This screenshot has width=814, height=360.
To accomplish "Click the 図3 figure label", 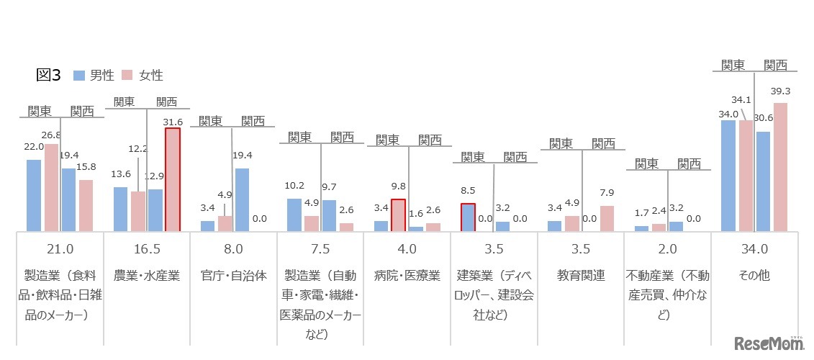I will pos(48,75).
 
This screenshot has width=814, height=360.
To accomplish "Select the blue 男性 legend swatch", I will pos(79,75).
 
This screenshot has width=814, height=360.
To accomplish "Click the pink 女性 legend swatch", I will pos(127,75).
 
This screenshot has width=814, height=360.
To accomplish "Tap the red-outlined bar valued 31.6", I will pos(173,180).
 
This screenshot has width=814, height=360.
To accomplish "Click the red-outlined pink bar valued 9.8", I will pos(398,215).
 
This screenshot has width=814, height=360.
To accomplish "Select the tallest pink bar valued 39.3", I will pos(780,167).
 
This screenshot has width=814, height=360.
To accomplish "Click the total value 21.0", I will pos(60,249).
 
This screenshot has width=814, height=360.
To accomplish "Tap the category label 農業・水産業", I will pos(148,275).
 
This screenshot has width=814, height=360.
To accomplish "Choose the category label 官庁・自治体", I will pos(232,275).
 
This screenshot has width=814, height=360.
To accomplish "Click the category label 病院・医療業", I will pos(407,275).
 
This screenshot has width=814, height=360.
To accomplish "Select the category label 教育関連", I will pos(580,275).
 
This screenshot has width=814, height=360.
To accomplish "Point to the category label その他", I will pos(754,275).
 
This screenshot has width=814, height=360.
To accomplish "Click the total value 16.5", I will pos(147,249).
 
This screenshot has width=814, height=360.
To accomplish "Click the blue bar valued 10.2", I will pos(294,215).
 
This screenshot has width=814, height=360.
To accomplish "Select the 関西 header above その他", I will pos(776,65).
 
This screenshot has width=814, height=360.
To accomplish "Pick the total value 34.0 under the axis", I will pos(754,249).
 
